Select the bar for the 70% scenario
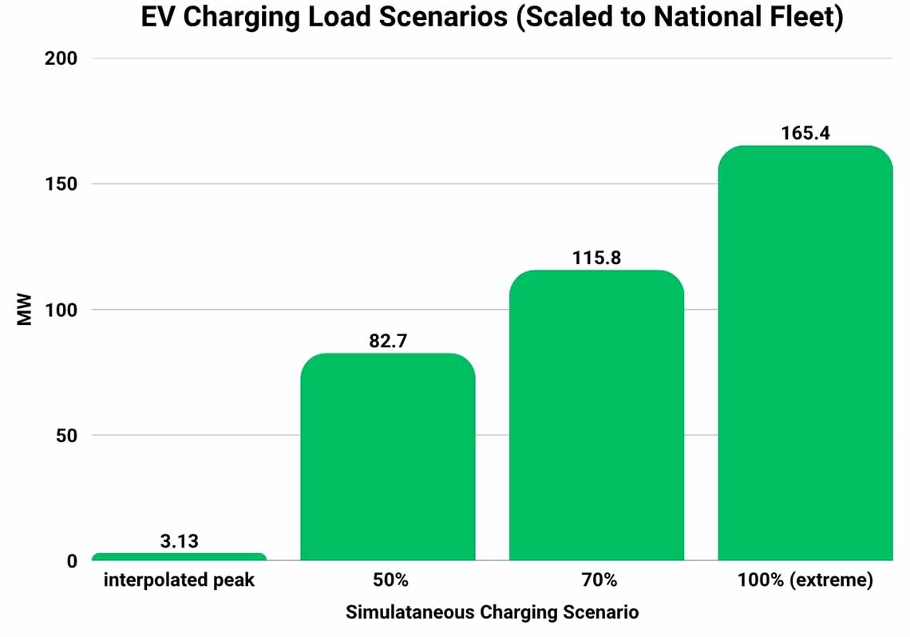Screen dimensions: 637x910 (596, 415)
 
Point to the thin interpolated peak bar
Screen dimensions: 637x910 (179, 556)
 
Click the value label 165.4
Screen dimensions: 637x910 (805, 133)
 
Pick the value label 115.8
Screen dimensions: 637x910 (596, 258)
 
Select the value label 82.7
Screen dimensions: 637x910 (388, 341)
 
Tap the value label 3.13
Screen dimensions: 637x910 (179, 542)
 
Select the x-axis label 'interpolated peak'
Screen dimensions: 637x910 (179, 580)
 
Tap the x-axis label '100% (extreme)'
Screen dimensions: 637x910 (805, 580)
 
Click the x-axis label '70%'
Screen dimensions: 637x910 (596, 580)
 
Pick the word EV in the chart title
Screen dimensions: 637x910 (158, 18)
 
